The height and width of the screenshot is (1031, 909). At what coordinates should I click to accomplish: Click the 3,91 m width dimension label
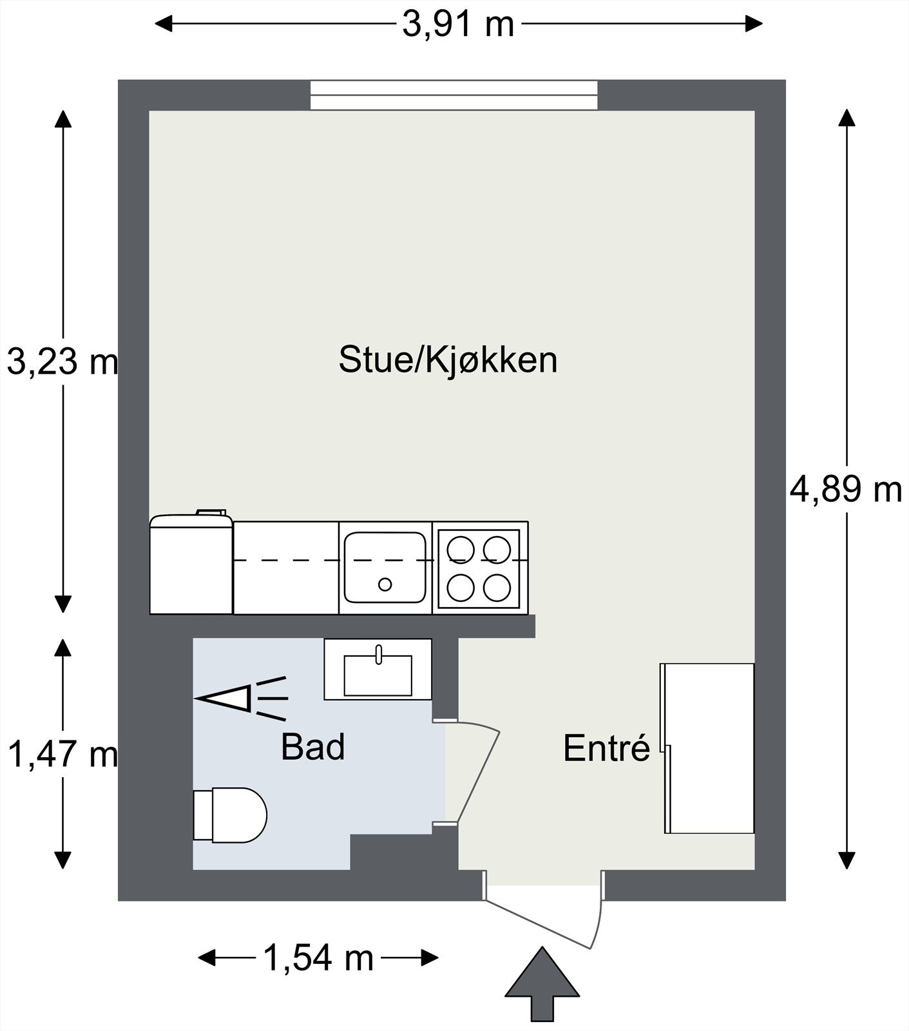458,25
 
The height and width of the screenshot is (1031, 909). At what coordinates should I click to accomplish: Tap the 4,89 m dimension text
845,490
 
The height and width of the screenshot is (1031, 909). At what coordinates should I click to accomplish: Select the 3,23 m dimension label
62,361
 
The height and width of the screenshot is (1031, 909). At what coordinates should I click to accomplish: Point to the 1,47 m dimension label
62,753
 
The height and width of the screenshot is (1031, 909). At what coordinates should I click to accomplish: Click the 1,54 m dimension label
318,958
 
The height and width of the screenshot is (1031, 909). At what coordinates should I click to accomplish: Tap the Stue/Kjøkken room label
448,360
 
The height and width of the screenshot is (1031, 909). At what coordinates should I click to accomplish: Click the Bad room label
312,747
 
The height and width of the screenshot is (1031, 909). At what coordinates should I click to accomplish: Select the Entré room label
606,748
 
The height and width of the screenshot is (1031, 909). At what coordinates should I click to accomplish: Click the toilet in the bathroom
231,814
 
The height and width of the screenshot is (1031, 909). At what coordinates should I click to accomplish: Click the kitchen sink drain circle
385,584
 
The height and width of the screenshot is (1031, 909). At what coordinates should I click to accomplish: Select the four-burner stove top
479,568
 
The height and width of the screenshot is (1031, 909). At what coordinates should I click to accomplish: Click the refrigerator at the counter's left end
191,565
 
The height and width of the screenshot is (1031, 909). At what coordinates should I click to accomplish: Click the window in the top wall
454,95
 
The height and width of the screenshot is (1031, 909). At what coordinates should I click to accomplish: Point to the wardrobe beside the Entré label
709,748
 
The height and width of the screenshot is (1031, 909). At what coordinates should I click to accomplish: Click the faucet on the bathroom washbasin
379,653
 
